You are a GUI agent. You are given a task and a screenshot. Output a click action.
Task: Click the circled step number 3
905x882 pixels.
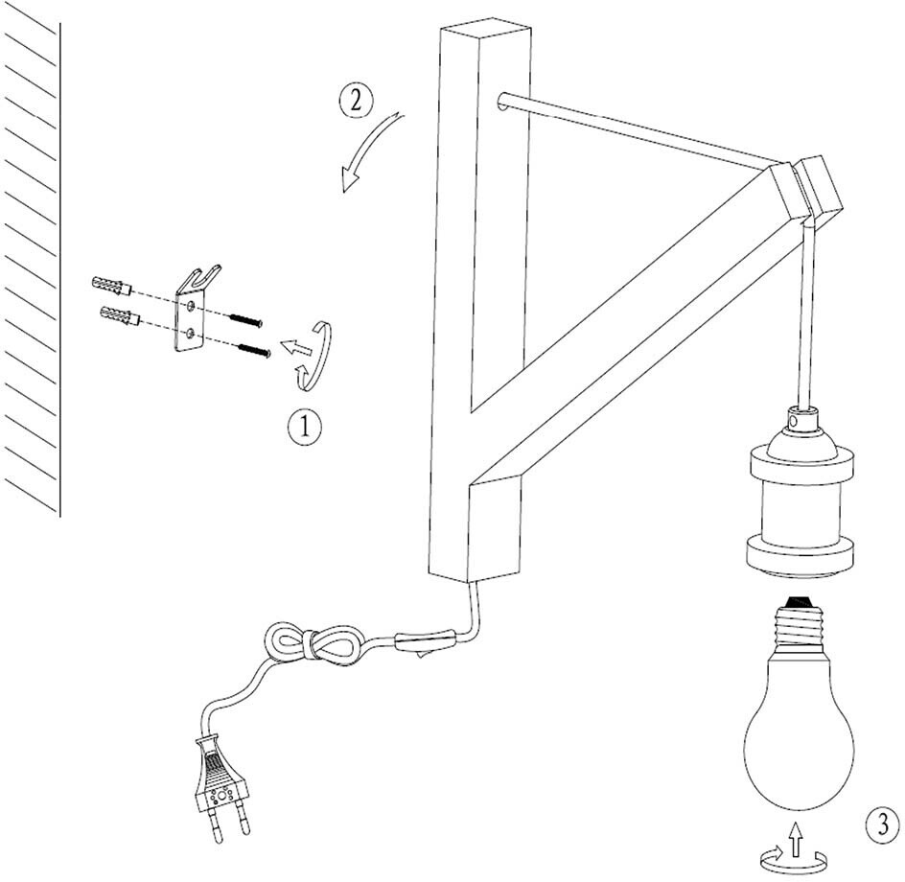pos(882,824)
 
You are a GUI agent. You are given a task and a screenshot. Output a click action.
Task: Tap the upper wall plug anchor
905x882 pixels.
pos(112,286)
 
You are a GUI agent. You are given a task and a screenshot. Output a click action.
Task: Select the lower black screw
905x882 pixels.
pos(252,350)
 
